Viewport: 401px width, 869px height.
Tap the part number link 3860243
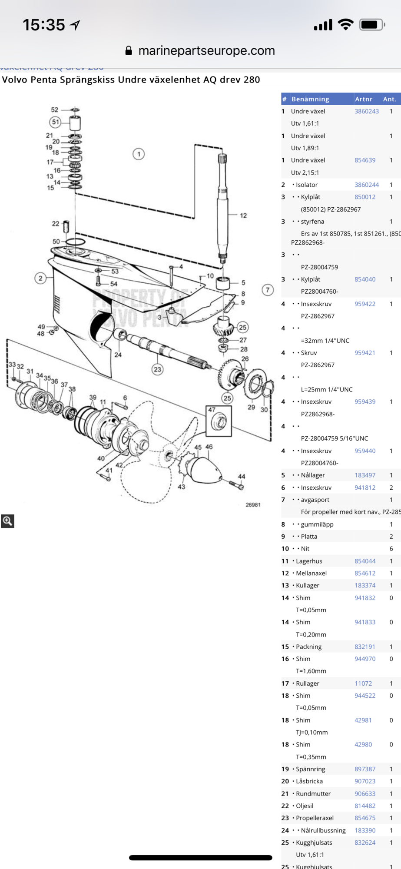point(366,111)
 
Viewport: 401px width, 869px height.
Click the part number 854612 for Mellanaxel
point(365,573)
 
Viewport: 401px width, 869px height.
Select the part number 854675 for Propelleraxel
point(365,818)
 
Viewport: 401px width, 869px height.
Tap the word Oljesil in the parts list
point(304,806)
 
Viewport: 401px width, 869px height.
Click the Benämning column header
point(310,99)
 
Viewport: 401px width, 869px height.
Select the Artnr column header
point(363,99)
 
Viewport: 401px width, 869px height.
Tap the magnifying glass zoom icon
point(7,521)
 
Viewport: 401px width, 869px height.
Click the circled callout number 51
point(55,122)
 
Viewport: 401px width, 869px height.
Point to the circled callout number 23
point(157,369)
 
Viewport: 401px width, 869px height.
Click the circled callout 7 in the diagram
point(268,290)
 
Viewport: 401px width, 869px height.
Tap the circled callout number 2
point(40,278)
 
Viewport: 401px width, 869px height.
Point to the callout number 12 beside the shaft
point(243,216)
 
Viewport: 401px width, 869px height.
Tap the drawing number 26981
point(253,505)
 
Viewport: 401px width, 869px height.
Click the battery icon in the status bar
point(371,25)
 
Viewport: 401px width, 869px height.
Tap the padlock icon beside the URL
point(129,51)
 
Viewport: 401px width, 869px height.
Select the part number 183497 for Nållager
point(365,475)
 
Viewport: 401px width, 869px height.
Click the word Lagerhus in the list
point(309,561)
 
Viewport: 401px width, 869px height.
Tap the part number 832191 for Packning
point(365,647)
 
